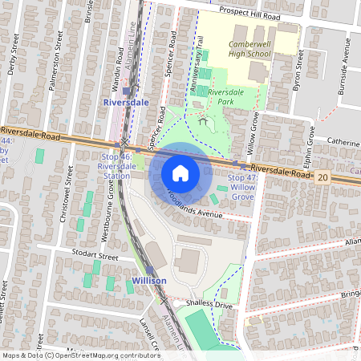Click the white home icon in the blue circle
180,173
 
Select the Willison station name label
149,281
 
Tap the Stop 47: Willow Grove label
241,186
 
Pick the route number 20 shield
322,176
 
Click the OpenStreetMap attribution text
81,355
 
